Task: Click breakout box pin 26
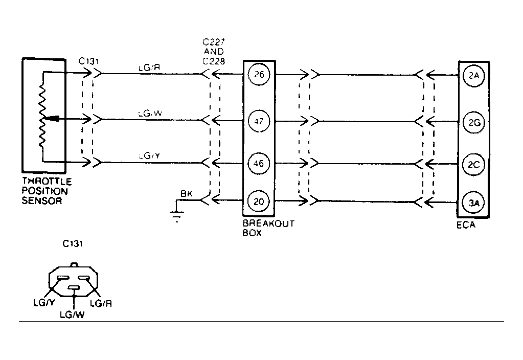click(259, 75)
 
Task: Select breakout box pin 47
click(259, 121)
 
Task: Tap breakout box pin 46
click(259, 164)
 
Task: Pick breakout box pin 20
click(259, 201)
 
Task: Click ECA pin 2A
click(473, 76)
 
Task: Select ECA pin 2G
click(473, 122)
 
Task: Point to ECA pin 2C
click(473, 164)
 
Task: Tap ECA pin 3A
click(473, 203)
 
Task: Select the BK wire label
click(186, 194)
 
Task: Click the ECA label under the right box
click(466, 225)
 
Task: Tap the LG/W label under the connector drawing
click(72, 315)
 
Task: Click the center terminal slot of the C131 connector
click(75, 288)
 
